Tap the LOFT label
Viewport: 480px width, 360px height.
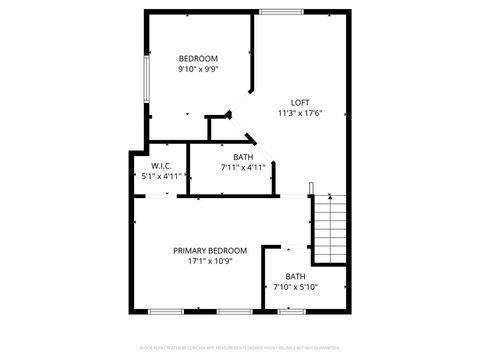[x=299, y=103]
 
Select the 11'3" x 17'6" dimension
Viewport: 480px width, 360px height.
[x=299, y=114]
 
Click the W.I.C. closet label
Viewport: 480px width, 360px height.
[x=160, y=165]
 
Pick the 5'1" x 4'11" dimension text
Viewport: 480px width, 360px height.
[x=160, y=176]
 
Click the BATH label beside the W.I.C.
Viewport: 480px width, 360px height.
[x=243, y=157]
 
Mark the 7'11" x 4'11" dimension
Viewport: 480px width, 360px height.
[x=243, y=168]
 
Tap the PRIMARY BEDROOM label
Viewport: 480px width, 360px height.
[x=210, y=251]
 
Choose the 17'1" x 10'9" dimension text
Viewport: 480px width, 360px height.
[x=210, y=262]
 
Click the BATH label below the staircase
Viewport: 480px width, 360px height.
[x=295, y=277]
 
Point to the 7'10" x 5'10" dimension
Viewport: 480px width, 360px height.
[x=295, y=288]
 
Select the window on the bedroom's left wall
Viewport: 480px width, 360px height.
[x=147, y=78]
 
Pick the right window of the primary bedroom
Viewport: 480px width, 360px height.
[x=233, y=311]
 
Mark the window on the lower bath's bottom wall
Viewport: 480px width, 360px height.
[x=292, y=311]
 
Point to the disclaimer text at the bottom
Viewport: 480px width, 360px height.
[x=240, y=347]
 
